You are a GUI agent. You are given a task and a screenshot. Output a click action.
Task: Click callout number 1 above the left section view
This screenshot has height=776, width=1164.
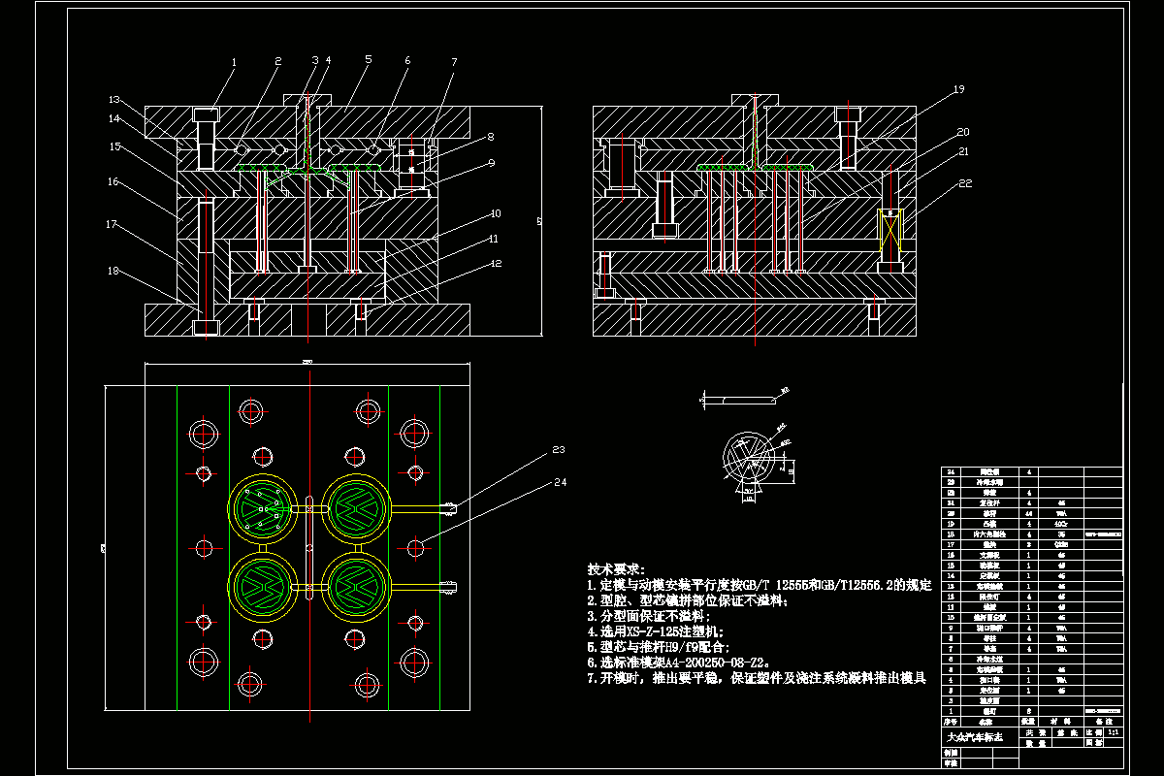click(x=234, y=62)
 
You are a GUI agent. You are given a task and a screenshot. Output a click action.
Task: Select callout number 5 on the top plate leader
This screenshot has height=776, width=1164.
click(x=369, y=59)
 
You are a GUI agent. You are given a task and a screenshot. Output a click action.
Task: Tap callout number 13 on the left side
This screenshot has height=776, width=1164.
click(x=113, y=99)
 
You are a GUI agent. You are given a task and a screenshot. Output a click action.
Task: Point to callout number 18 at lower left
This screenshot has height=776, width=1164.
click(x=113, y=272)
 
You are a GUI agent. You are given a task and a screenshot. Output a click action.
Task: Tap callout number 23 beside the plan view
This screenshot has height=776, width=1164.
click(x=559, y=449)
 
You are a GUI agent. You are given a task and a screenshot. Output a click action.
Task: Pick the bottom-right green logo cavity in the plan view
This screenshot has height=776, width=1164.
click(x=358, y=585)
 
